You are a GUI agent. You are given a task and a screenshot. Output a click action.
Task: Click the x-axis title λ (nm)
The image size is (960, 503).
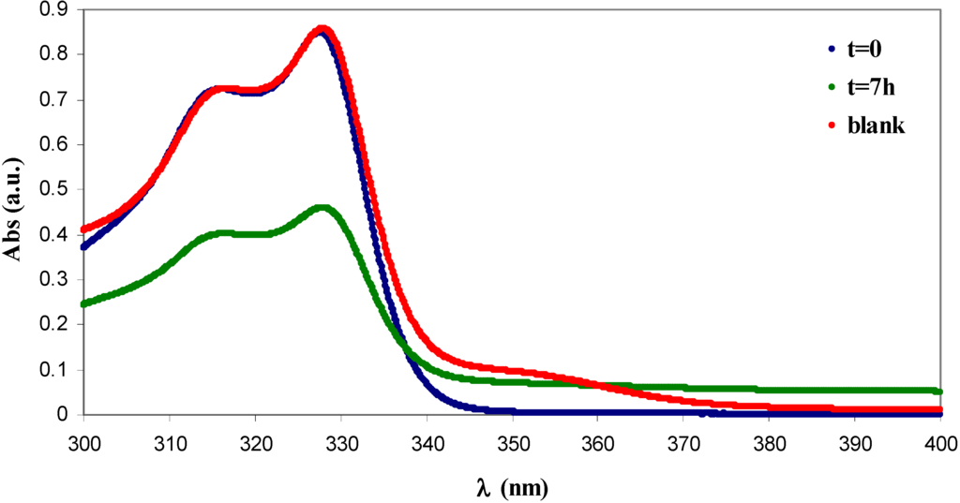511,486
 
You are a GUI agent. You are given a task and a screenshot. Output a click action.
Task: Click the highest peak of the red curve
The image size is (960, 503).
323,30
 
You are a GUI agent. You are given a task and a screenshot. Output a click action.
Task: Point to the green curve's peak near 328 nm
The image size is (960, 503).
323,208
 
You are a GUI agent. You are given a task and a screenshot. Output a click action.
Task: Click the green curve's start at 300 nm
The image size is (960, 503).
84,303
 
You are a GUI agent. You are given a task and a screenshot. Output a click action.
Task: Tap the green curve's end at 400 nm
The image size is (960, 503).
939,391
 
